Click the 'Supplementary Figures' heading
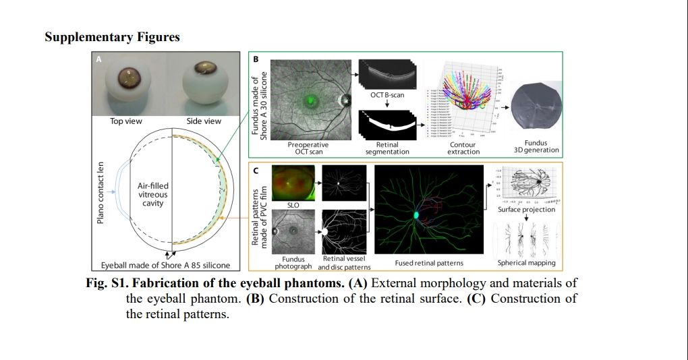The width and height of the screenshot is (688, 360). point(112,37)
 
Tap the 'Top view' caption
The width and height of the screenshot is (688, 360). point(126,121)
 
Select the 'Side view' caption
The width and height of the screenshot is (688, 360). point(203,121)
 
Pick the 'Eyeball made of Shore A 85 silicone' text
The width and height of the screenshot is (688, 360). point(164,266)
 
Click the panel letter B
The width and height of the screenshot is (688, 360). point(256,60)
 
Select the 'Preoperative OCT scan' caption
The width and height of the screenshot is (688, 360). point(308,148)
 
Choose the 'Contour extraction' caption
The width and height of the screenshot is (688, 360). point(462,148)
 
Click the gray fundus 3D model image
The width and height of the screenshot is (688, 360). point(536,110)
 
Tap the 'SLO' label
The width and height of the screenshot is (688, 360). point(293,204)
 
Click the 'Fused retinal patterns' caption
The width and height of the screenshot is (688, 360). point(428,262)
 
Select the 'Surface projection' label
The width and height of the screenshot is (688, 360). point(527,210)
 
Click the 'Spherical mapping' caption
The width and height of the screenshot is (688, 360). point(526,262)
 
